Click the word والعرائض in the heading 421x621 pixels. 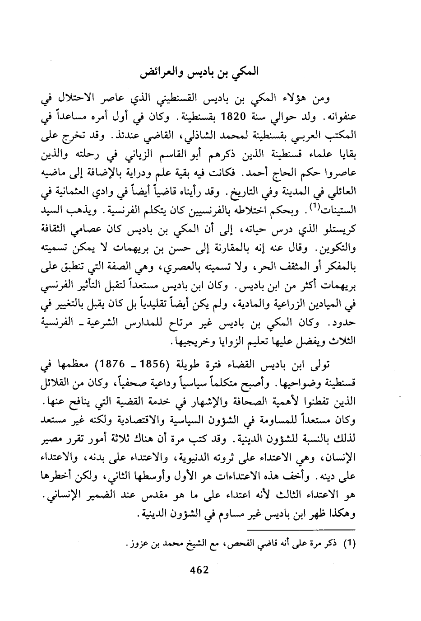pos(164,72)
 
